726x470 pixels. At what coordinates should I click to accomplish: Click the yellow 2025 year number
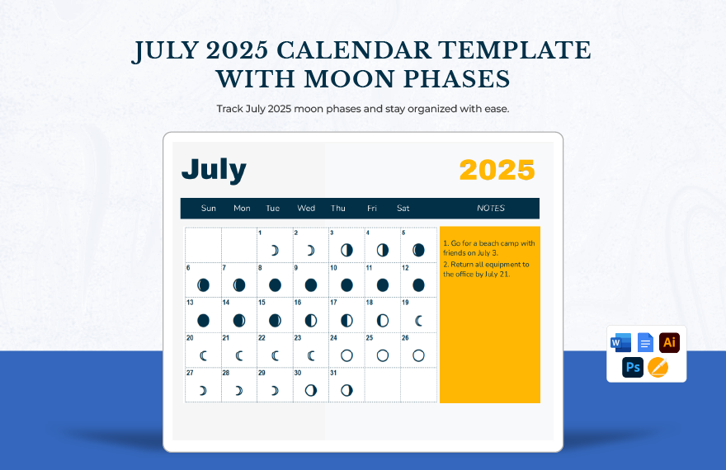pos(497,170)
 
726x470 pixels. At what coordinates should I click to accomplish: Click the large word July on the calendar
pos(214,170)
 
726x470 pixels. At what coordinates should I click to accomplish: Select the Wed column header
pos(306,208)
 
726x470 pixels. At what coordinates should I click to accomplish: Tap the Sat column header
pos(403,208)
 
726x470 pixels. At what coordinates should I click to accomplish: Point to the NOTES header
pos(491,208)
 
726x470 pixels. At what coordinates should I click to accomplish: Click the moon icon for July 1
pos(275,251)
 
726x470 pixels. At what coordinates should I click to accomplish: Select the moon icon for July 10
pos(346,285)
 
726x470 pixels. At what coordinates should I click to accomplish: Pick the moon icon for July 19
pos(418,321)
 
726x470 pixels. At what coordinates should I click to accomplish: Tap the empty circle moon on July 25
pos(383,355)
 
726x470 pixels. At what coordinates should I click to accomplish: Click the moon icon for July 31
pos(346,391)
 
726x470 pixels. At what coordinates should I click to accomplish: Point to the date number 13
pos(190,303)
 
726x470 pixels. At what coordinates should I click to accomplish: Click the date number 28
pos(226,373)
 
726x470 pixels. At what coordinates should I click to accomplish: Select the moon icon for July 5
pos(418,251)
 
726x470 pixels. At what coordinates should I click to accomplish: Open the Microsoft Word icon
pos(621,343)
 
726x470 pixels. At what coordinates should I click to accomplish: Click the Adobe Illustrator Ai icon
pos(670,343)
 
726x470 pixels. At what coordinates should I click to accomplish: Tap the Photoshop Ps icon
pos(633,368)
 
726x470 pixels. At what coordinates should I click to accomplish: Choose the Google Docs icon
pos(645,343)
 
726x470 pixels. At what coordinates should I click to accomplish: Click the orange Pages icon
pos(658,368)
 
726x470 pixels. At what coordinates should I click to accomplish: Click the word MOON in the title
pos(349,79)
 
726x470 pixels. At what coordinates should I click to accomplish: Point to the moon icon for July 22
pos(275,355)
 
